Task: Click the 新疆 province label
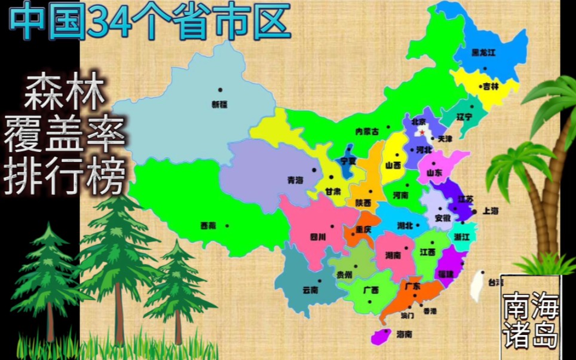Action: (x=219, y=104)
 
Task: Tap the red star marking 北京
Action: (x=422, y=131)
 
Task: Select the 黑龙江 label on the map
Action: (x=483, y=53)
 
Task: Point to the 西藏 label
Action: (x=208, y=226)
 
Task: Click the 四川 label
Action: (x=318, y=237)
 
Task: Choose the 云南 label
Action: (x=310, y=290)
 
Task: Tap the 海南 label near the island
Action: (x=404, y=334)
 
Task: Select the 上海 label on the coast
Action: (x=491, y=210)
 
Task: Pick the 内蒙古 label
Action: (x=367, y=132)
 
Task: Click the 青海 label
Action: (x=295, y=179)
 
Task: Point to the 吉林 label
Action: (x=491, y=86)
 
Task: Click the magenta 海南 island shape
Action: (x=381, y=336)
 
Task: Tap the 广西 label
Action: (x=370, y=290)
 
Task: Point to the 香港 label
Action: (x=430, y=311)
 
